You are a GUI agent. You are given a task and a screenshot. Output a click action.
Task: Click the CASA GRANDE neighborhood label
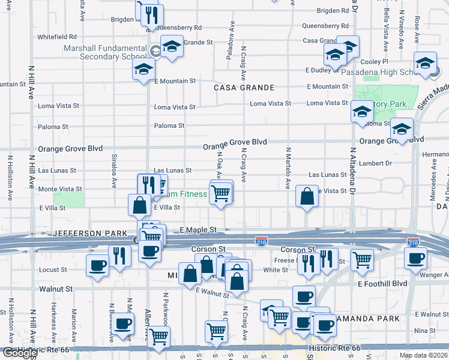coord(244,88)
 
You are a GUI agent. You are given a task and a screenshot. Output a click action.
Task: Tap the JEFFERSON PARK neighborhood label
coord(90,233)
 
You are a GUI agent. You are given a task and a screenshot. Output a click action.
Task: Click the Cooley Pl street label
coord(375,62)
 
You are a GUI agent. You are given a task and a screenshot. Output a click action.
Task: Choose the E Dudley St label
coord(322,70)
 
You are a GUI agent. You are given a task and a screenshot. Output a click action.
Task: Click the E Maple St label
coord(197,230)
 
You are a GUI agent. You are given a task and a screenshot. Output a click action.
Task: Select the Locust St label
coord(52,270)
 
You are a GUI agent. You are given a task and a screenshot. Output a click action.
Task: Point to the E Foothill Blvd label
coord(382,283)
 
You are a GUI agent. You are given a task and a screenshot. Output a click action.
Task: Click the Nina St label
coord(424,331)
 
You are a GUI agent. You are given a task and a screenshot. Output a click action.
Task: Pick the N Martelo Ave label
coord(288,169)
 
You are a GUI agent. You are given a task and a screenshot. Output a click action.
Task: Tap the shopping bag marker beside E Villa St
coord(139,205)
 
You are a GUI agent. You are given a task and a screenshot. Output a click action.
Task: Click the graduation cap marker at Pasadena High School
coord(425,65)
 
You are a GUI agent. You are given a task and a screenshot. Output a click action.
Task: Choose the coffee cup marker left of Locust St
coord(97,265)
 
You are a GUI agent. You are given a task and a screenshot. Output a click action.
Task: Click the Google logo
coord(20,353)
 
